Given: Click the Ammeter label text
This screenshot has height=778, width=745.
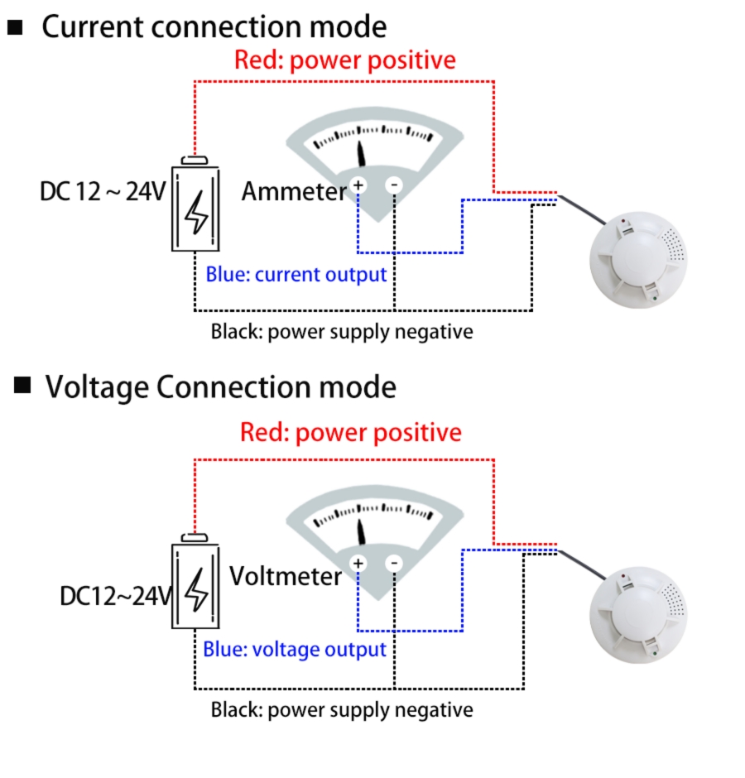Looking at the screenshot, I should (x=293, y=192).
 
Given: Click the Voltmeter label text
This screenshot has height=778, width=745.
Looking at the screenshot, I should (x=286, y=576).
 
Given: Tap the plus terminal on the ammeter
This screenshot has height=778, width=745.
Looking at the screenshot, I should (x=358, y=185).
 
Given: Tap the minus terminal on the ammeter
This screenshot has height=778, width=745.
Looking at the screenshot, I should (x=394, y=185).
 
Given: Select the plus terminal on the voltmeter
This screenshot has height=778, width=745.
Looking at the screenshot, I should (x=358, y=564).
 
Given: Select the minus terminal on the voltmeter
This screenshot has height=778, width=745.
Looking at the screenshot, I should (x=394, y=564).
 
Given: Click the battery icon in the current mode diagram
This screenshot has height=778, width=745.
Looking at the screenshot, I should (x=196, y=204).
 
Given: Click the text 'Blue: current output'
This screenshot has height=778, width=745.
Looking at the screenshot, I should (x=296, y=275).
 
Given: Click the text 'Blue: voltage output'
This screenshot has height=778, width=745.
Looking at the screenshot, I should (x=295, y=650).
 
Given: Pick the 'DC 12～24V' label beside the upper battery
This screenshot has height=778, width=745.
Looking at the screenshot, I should (x=103, y=192).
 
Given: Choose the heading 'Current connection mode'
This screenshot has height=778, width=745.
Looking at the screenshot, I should (x=214, y=27).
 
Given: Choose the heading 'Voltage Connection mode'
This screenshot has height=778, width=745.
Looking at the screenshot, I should (x=220, y=387).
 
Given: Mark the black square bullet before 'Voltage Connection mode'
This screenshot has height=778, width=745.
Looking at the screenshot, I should (x=22, y=385).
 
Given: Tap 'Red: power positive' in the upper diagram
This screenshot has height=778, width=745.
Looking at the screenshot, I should (x=344, y=60).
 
